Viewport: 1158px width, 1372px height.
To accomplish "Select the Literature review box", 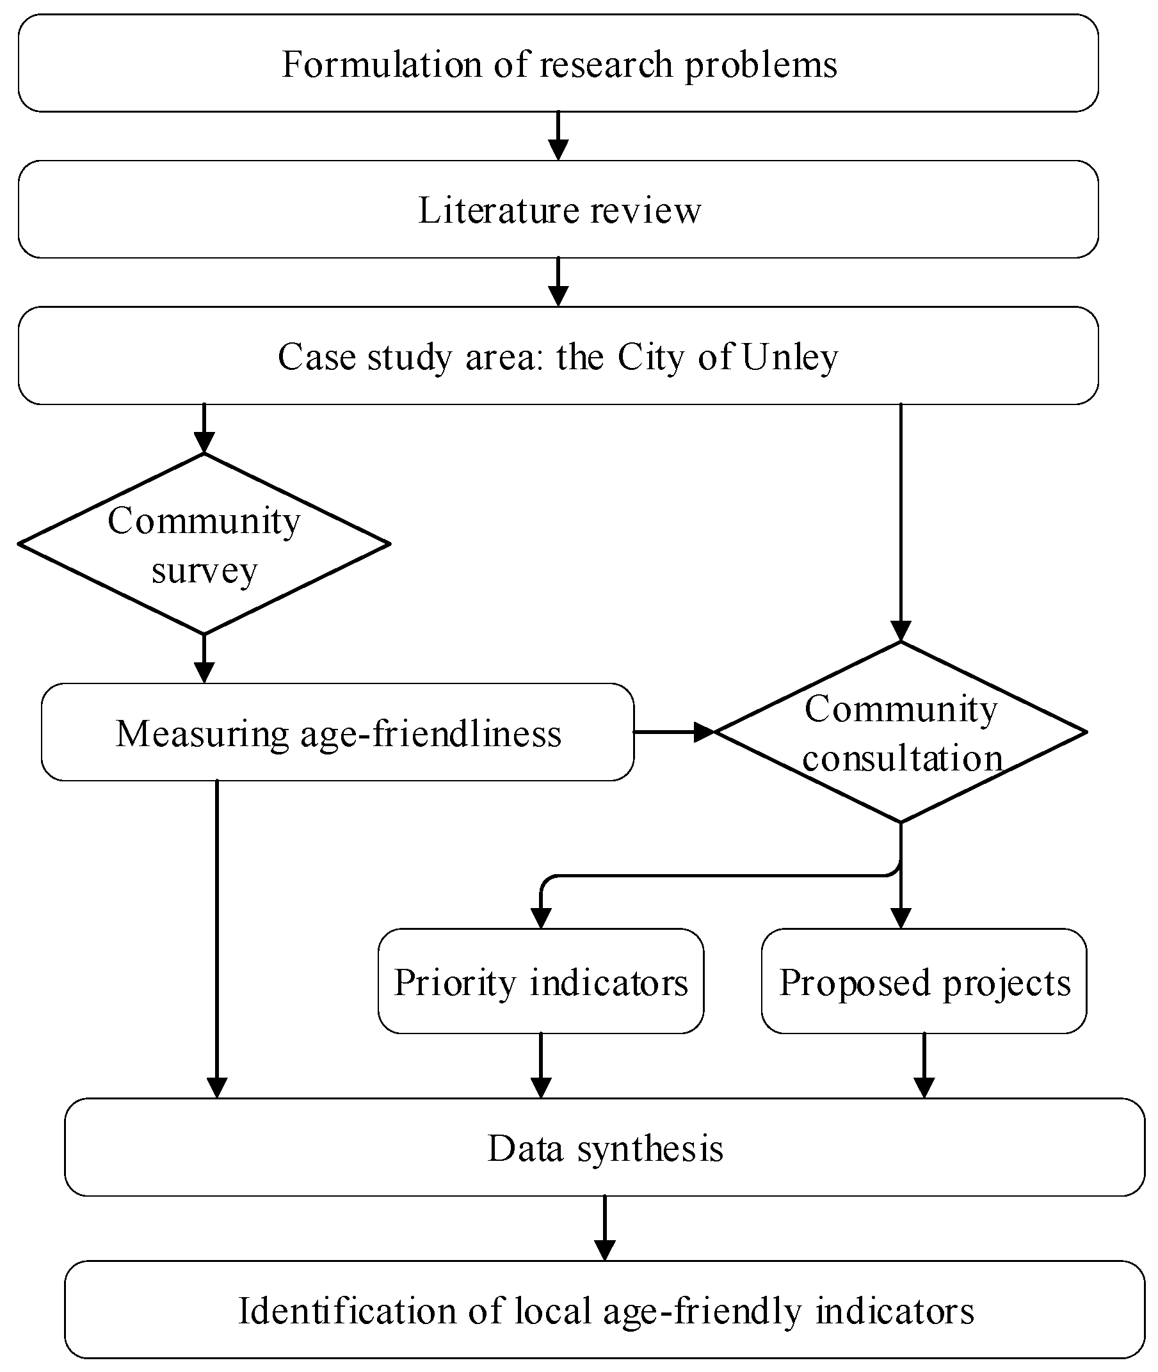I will click(559, 211).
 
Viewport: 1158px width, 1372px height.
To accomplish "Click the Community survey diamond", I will click(204, 545).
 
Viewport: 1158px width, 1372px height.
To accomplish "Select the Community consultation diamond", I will click(901, 733).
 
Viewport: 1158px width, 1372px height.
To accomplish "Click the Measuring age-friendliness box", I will click(338, 733).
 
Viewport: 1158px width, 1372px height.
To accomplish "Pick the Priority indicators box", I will click(540, 983).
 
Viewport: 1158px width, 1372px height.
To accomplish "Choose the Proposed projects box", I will click(924, 983).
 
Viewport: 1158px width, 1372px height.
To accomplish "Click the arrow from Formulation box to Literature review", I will click(558, 136).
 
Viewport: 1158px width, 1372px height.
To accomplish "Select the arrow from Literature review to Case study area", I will click(558, 282).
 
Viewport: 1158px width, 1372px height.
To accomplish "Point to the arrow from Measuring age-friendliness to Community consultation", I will click(673, 731).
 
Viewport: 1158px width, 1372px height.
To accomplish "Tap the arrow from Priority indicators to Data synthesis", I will click(540, 1066).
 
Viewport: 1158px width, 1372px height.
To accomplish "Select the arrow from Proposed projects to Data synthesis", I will click(924, 1066).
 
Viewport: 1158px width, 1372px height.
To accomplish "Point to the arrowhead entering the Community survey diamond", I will click(204, 444).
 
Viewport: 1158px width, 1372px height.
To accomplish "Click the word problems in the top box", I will click(761, 65).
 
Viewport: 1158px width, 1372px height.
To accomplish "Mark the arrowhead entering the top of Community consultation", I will click(901, 632).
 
